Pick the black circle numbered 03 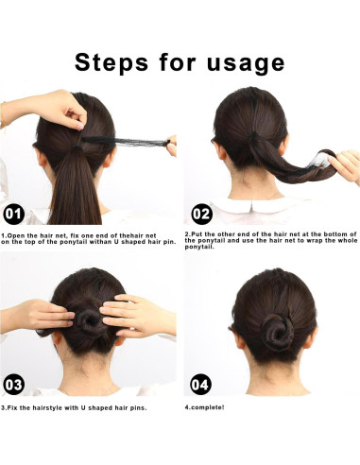pyautogui.click(x=15, y=384)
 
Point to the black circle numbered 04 pyautogui.click(x=200, y=384)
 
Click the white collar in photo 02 pyautogui.click(x=248, y=205)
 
